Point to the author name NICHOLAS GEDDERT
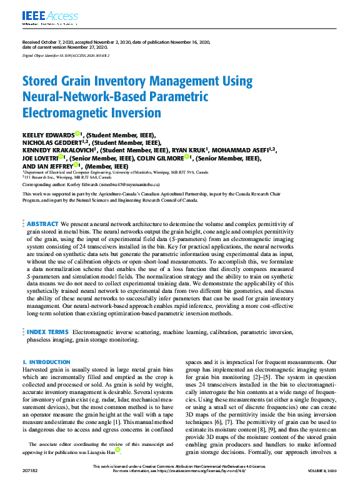pos(53,142)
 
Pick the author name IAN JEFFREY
pos(56,167)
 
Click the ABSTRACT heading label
pos(43,224)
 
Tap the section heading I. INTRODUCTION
pos(46,362)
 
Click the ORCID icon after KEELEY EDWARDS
pos(77,134)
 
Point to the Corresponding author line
pos(91,185)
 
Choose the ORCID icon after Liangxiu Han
pos(117,450)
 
